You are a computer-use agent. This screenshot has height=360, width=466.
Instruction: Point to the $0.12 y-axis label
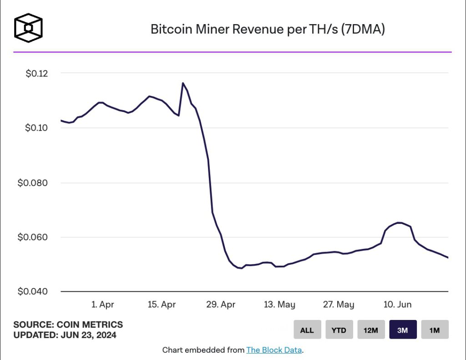pos(38,73)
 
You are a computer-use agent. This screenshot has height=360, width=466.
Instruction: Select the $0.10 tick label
pos(38,128)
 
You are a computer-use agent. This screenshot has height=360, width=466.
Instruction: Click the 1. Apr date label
pos(102,304)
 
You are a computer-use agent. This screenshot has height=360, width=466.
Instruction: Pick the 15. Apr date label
pos(162,304)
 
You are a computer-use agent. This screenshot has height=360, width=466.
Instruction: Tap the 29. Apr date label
pos(221,304)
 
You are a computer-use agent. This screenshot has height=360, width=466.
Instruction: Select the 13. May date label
pos(279,304)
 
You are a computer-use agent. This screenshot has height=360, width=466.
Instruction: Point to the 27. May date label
pos(339,304)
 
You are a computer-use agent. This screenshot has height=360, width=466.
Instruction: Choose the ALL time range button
pos(307,330)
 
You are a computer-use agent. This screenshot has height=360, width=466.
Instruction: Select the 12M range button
pos(371,330)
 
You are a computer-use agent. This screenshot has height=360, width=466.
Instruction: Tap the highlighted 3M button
pos(403,330)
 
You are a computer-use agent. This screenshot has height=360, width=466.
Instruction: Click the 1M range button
pos(435,330)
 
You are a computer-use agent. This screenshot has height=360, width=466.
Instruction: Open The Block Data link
pos(274,350)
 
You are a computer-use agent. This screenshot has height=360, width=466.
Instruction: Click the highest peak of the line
pos(183,83)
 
